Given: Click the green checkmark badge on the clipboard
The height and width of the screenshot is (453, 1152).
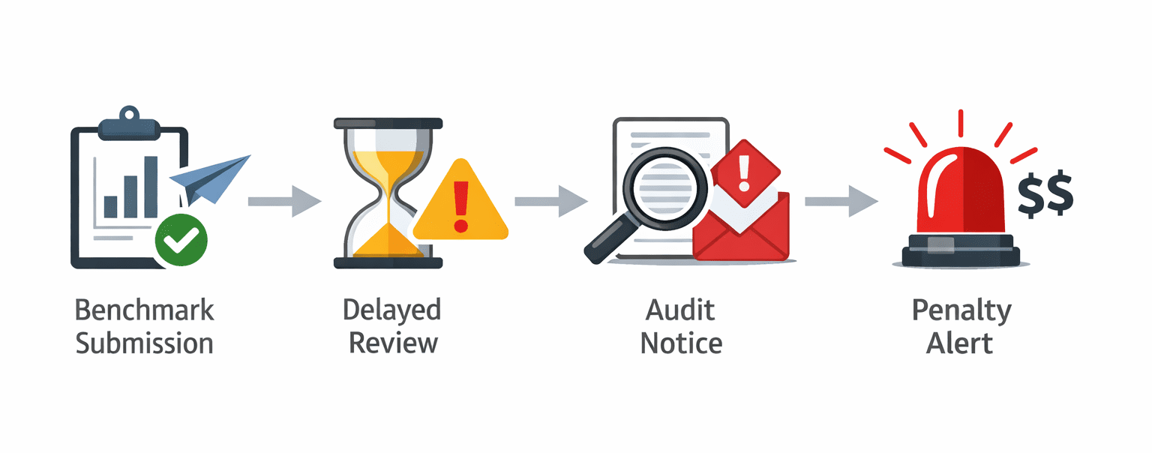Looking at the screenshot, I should click(x=181, y=240).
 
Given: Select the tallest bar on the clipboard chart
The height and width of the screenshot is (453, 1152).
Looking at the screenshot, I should click(x=151, y=187).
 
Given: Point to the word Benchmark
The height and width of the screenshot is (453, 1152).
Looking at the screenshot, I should click(x=145, y=310).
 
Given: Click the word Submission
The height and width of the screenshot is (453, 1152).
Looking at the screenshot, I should click(x=145, y=343).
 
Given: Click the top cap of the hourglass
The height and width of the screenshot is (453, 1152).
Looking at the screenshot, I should click(x=388, y=123).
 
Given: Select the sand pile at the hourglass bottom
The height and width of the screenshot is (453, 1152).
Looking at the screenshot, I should click(x=388, y=241).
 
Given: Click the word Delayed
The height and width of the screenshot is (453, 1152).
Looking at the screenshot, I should click(x=392, y=310).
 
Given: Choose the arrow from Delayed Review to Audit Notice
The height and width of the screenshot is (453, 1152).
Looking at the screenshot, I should click(x=550, y=201).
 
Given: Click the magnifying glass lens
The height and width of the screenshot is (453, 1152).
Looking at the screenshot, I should click(x=660, y=187).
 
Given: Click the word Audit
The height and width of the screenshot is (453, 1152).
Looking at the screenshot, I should click(x=682, y=310).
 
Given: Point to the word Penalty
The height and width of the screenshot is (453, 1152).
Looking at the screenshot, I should click(x=961, y=310).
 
